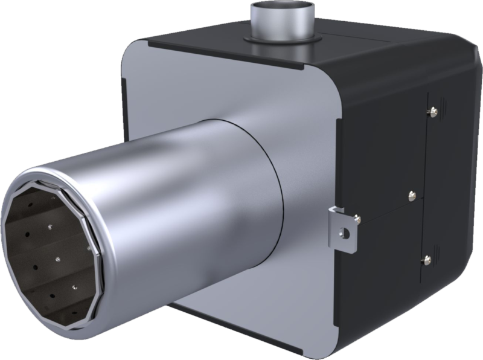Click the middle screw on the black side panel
tap(411, 194)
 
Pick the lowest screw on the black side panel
tap(428, 260)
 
